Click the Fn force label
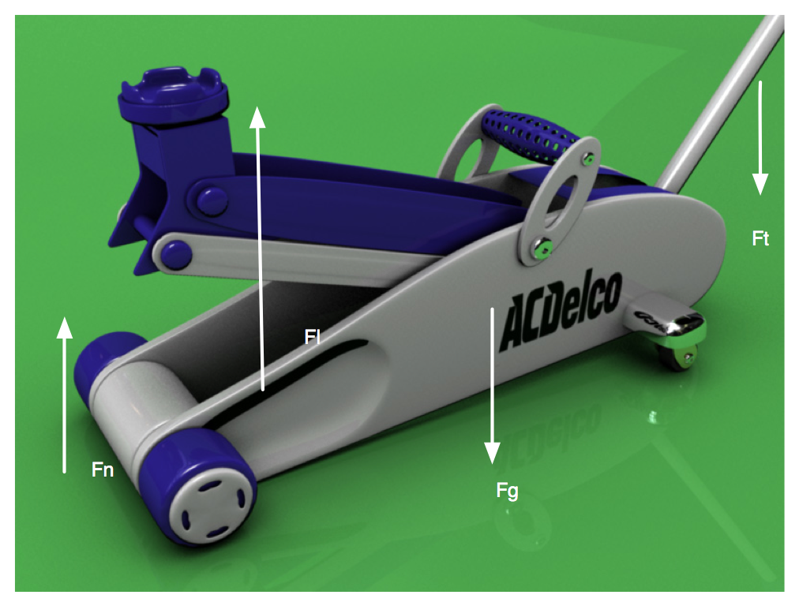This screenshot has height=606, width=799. coord(103,469)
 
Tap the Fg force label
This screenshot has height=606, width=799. coord(507,491)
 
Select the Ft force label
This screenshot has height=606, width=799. coord(760,238)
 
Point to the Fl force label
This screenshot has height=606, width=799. coord(313,337)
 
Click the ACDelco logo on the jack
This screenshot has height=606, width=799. coord(561,310)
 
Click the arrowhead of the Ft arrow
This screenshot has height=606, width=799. coord(760,184)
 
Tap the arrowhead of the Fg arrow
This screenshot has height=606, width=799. coord(492,453)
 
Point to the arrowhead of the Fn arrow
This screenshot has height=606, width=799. coord(64,327)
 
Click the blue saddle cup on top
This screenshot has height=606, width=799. coord(173,95)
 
